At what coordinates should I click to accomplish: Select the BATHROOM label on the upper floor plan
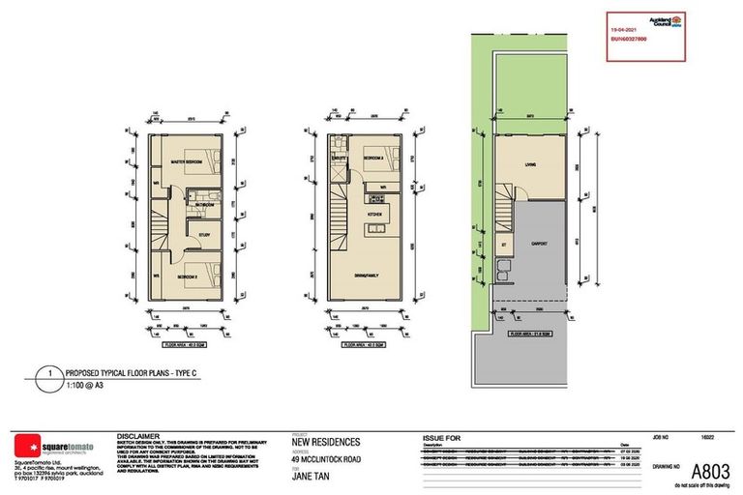click(204, 205)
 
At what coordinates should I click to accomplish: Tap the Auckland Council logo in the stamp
click(676, 19)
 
